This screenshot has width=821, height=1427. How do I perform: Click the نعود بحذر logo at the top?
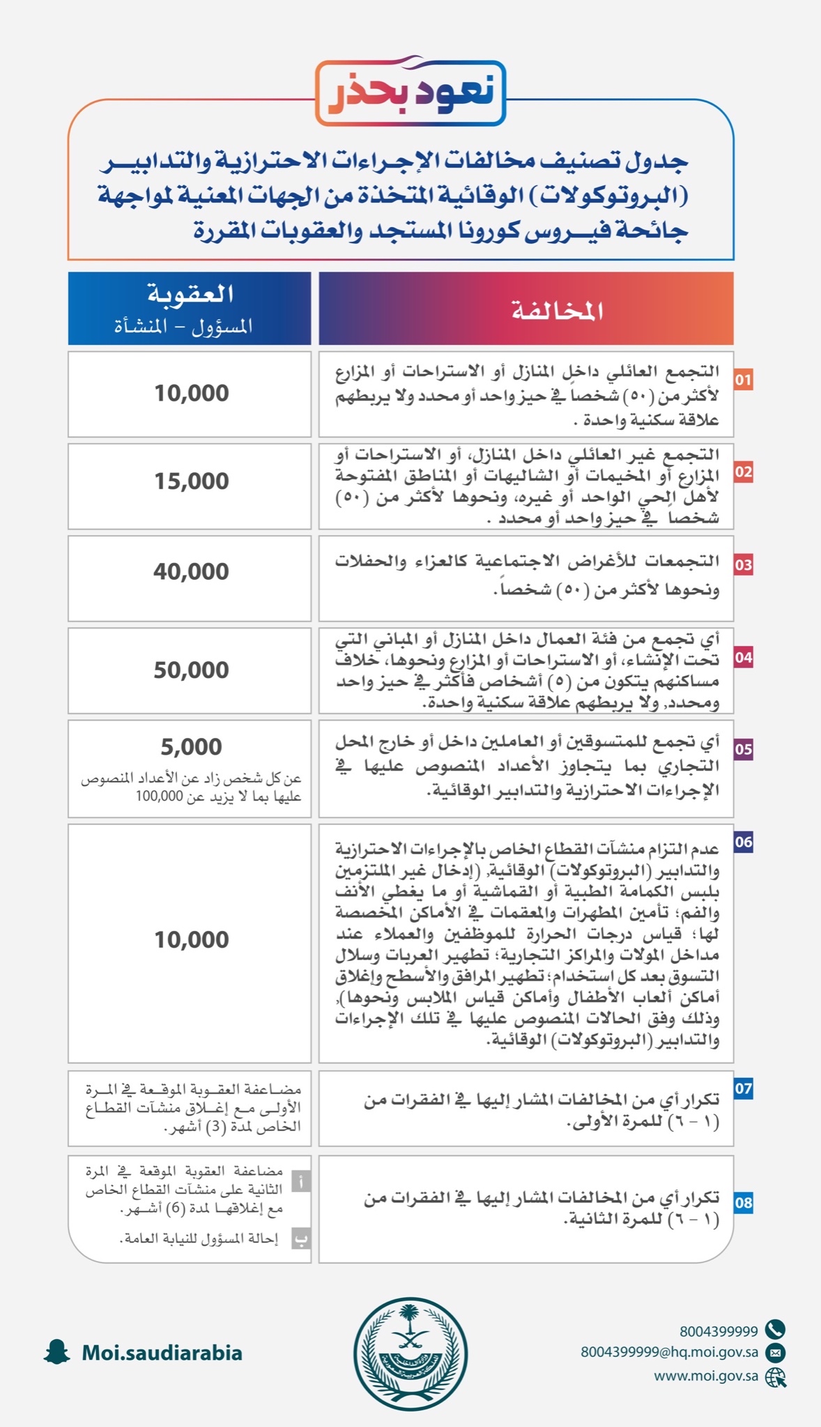410,93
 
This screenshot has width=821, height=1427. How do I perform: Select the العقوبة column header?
190,308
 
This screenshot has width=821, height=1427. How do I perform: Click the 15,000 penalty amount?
192,481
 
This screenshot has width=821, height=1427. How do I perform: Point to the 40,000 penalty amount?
192,572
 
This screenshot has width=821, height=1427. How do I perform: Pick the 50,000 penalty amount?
192,670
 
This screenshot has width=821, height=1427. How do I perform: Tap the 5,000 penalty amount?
192,747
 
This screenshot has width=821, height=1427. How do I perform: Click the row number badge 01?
744,380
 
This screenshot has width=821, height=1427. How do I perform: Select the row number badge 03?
744,564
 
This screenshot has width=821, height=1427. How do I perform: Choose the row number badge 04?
744,657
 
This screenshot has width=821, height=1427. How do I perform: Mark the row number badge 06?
744,842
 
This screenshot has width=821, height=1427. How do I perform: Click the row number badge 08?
744,1202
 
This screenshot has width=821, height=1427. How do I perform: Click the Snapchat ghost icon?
56,1352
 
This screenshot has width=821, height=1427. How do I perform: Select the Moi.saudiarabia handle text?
162,1353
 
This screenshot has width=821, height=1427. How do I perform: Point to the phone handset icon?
775,1329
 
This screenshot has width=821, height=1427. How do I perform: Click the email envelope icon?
775,1352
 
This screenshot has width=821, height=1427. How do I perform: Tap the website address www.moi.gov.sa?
705,1376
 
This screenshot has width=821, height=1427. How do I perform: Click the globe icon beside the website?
775,1377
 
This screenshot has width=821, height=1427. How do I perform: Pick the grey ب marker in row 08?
300,1238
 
